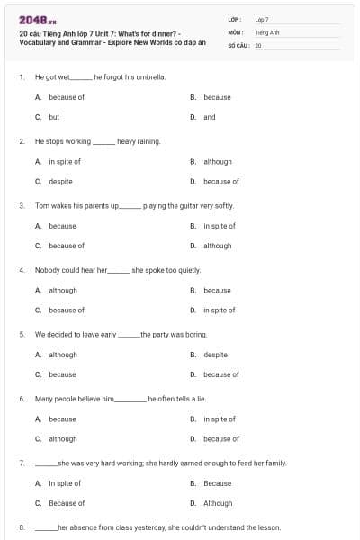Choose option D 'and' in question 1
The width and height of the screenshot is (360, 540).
(210, 117)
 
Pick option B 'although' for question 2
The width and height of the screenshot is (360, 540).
(217, 162)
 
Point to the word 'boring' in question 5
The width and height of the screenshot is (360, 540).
(195, 334)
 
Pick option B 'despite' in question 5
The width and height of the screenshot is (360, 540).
(215, 355)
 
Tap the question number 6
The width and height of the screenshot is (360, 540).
(22, 398)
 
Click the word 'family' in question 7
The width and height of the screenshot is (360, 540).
(274, 463)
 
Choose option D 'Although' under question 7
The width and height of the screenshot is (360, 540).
(218, 503)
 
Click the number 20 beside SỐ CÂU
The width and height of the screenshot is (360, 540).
(258, 45)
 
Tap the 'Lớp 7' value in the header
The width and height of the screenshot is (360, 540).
(262, 19)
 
